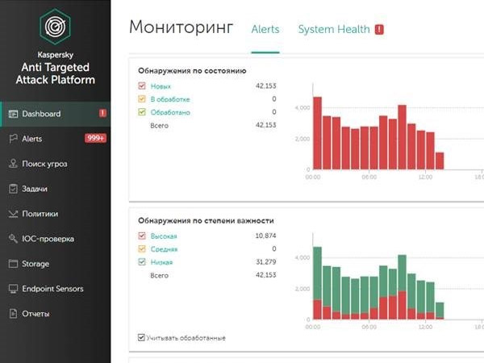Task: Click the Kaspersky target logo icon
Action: (x=55, y=26)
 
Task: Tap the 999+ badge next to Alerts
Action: (x=96, y=139)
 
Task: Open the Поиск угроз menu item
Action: (x=44, y=164)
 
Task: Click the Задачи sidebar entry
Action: (x=35, y=189)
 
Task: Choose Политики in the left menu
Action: (x=40, y=214)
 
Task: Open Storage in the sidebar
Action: (x=35, y=264)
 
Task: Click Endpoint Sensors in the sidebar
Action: (x=52, y=289)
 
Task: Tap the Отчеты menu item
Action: (x=36, y=314)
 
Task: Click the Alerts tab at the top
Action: (x=265, y=30)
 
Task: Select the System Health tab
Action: (x=334, y=30)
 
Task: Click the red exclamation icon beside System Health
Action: (x=379, y=30)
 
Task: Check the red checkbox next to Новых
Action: (x=142, y=86)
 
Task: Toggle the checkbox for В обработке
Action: (x=142, y=99)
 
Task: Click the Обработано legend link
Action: (x=170, y=112)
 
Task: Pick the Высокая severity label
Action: (x=163, y=236)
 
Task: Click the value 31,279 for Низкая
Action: (x=265, y=262)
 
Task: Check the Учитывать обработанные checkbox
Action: (x=142, y=337)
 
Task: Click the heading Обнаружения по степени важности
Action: (x=206, y=219)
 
